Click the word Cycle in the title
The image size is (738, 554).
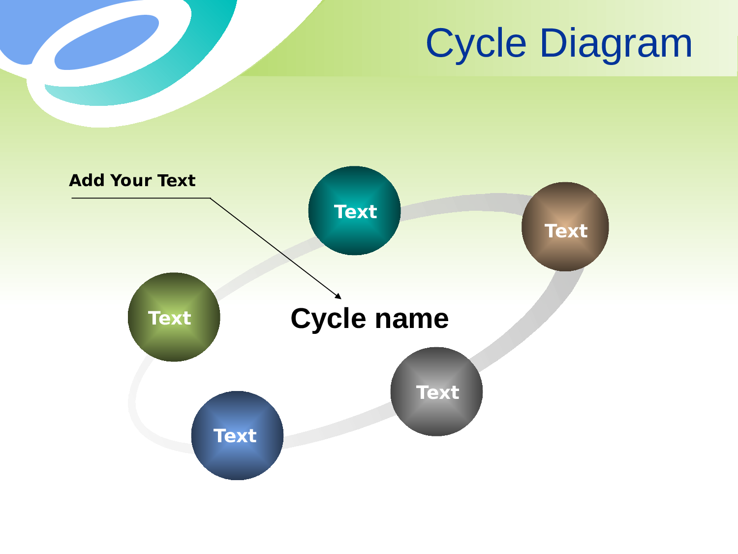point(476,43)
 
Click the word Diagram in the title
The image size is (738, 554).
point(616,43)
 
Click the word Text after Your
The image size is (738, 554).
point(176,180)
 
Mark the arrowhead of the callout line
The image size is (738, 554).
point(338,296)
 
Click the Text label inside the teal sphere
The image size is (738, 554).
point(355,212)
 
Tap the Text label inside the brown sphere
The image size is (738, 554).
point(566,231)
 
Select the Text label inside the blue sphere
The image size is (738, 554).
point(235,436)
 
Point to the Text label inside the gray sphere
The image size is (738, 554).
point(437,392)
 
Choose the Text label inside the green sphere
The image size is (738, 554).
point(169,318)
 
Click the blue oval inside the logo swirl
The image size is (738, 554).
point(106,42)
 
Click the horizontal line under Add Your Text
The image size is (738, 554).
point(141,198)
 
